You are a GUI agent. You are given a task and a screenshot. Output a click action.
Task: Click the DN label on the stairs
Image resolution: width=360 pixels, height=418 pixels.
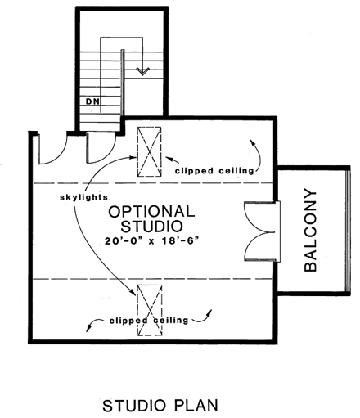pos(92,101)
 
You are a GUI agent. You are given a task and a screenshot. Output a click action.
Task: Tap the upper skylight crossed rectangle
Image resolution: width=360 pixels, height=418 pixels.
pos(150,151)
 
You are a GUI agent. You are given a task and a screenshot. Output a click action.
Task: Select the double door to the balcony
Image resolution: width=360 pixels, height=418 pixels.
pos(263,231)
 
